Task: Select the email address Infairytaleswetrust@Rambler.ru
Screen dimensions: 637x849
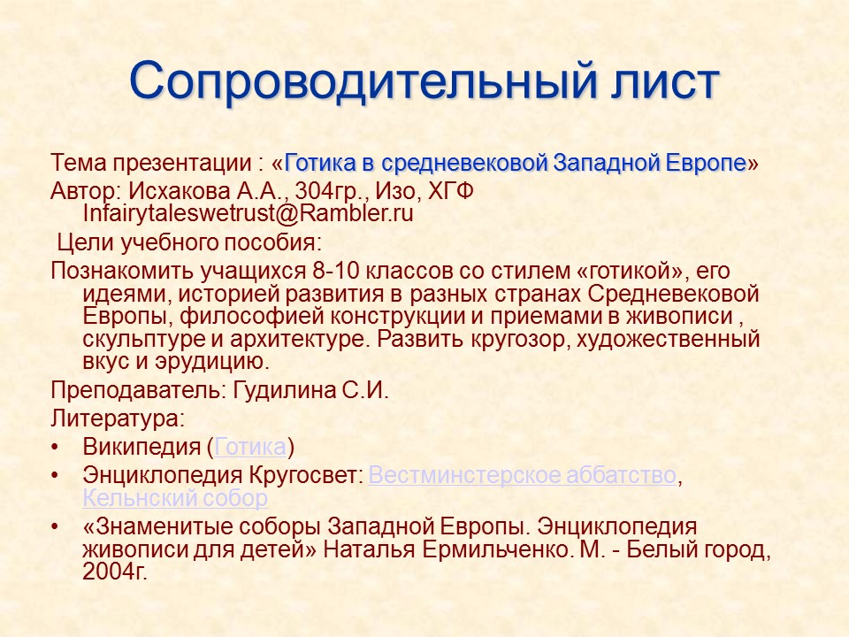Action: pyautogui.click(x=248, y=212)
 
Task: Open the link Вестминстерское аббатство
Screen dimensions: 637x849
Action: pyautogui.click(x=522, y=475)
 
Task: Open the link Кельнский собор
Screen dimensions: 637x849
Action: pyautogui.click(x=175, y=498)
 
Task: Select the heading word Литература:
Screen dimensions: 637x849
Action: pyautogui.click(x=118, y=416)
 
